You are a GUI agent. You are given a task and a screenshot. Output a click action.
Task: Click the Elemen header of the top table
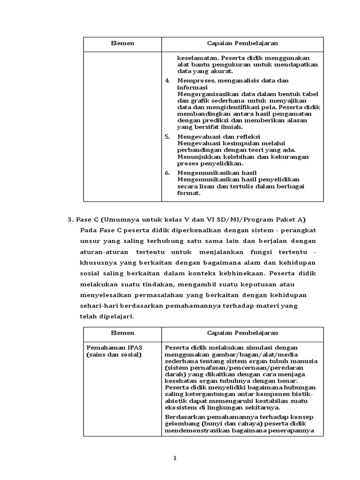point(122,44)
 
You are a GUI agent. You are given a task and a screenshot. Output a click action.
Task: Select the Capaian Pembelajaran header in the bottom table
point(242,333)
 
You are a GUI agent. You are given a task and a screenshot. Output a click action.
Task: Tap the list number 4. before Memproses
point(167,81)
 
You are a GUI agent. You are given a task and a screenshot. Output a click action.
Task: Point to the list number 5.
point(167,136)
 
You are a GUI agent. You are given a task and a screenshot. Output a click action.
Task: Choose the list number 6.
point(167,173)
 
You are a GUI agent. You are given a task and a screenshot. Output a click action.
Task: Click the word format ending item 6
point(188,193)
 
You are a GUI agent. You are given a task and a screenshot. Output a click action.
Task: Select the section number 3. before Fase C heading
point(71,220)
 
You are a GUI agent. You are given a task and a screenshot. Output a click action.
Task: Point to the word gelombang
point(181,424)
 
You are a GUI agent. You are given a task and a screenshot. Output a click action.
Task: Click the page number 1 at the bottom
point(175,458)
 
